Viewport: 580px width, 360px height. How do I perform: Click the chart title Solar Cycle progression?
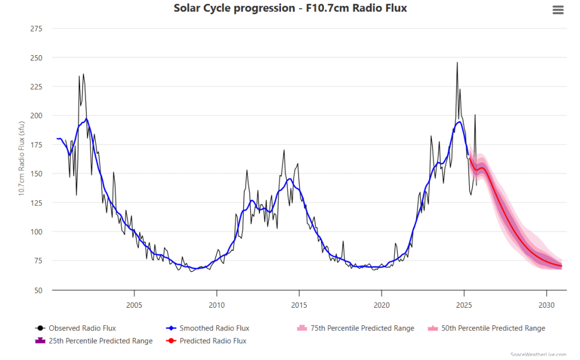(290, 8)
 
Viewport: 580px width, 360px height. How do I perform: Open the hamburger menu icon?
(558, 10)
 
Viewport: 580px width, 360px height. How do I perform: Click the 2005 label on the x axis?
(134, 305)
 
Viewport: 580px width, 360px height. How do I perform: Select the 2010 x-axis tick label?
(217, 305)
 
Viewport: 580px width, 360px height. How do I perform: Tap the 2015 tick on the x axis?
(299, 305)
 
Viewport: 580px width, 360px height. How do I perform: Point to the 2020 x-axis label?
(381, 305)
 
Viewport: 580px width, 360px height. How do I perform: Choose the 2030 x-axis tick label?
(546, 305)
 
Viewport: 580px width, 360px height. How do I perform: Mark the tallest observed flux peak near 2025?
(457, 63)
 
